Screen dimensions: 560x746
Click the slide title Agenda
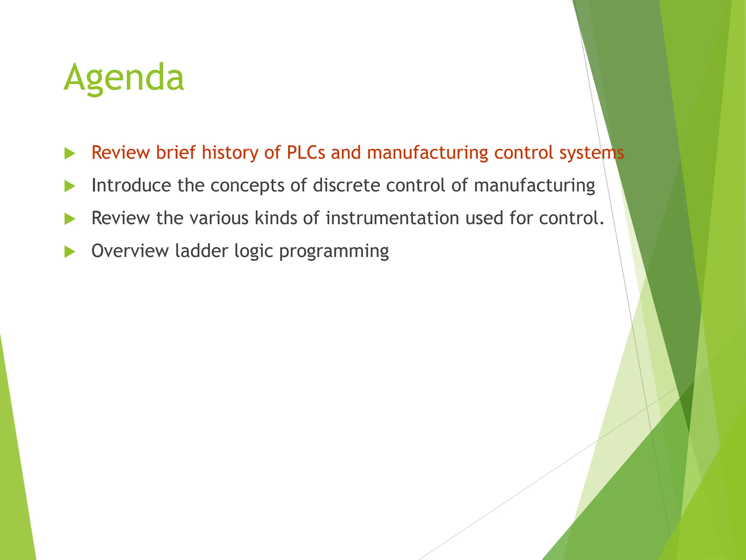coord(124,78)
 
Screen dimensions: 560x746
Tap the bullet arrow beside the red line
coord(69,153)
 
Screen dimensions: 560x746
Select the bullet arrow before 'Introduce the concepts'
coord(69,186)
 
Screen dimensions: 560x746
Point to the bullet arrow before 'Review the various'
coord(69,219)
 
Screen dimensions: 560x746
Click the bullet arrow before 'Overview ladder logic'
coord(69,252)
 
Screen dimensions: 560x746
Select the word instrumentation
coord(392,218)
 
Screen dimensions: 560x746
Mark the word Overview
coord(130,251)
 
